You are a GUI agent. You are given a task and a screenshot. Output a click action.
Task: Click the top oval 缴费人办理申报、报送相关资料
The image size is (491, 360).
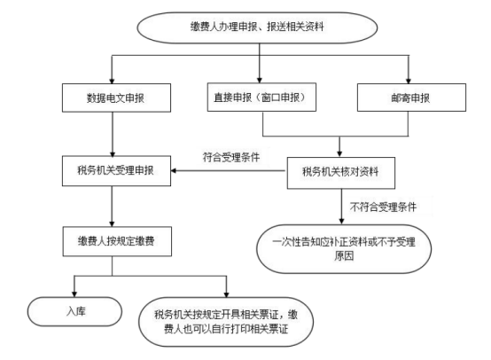tap(257, 27)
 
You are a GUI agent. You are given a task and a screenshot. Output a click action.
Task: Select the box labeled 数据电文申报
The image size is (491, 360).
tap(116, 98)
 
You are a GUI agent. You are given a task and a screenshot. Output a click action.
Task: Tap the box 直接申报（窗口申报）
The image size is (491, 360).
tap(261, 98)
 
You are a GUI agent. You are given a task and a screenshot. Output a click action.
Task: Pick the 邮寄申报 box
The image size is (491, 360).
tap(411, 98)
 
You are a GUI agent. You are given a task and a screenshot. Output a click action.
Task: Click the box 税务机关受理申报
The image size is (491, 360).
tap(116, 171)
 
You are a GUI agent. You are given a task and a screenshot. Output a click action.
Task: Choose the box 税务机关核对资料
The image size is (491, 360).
tap(341, 173)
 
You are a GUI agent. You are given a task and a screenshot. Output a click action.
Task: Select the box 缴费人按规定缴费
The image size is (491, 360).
tap(117, 241)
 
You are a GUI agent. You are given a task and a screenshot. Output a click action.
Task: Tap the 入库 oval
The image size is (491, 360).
tap(74, 311)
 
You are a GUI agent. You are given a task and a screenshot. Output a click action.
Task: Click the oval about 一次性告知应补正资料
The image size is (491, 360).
tap(344, 249)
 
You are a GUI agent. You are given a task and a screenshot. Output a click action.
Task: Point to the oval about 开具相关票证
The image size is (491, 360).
tap(226, 322)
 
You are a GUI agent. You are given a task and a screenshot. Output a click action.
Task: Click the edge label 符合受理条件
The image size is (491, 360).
tap(231, 157)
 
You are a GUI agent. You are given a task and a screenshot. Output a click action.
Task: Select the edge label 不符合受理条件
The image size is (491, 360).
tap(383, 207)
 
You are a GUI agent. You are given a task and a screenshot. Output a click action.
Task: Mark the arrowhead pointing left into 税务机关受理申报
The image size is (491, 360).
tap(174, 171)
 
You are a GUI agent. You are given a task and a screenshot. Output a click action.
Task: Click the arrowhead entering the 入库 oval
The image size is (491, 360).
tap(74, 293)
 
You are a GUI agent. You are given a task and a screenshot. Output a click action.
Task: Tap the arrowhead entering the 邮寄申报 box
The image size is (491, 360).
tap(408, 81)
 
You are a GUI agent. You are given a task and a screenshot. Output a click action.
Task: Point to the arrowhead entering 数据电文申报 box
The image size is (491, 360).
tap(112, 81)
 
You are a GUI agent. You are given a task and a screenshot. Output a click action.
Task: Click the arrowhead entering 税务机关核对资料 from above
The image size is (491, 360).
tap(339, 153)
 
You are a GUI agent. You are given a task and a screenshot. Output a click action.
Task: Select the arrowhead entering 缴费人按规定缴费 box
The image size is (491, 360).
tap(112, 223)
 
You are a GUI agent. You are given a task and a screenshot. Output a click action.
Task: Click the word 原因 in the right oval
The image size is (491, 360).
tap(344, 256)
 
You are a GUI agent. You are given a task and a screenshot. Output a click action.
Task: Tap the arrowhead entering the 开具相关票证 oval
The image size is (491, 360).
tap(226, 294)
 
